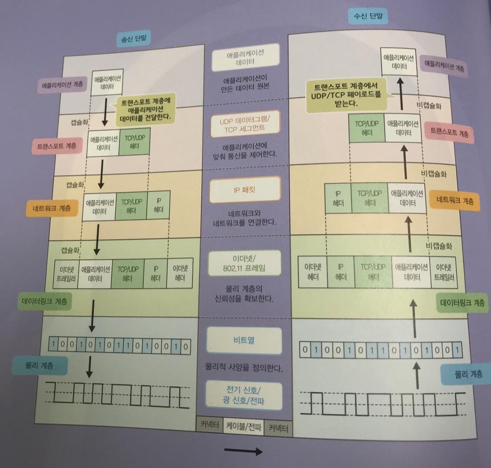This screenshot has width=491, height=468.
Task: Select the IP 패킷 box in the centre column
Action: click(x=245, y=189)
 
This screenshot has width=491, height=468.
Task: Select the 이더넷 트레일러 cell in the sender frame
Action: click(x=66, y=274)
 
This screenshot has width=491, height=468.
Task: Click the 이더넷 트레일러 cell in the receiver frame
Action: click(x=444, y=272)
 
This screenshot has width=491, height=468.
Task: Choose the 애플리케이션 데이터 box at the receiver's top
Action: click(x=399, y=62)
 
